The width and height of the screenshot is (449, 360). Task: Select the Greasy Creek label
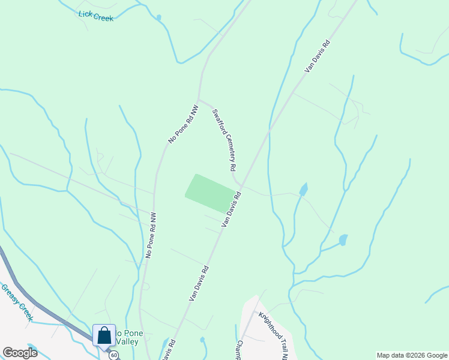(x=17, y=302)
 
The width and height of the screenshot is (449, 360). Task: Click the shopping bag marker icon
(x=104, y=335)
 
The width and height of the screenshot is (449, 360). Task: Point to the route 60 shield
(x=113, y=355)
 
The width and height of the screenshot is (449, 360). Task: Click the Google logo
(x=20, y=353)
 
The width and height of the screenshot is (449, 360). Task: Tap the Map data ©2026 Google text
(x=412, y=355)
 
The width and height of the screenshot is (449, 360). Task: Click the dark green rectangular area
(x=209, y=194)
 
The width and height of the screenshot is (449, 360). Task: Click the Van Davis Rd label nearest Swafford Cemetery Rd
(x=231, y=209)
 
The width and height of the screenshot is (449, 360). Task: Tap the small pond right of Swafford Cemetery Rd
(x=304, y=190)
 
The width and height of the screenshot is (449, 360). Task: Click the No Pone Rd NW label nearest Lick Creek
(x=183, y=124)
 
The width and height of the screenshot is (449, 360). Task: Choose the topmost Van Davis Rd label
(x=318, y=56)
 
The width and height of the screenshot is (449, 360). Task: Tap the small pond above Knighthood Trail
(x=343, y=240)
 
